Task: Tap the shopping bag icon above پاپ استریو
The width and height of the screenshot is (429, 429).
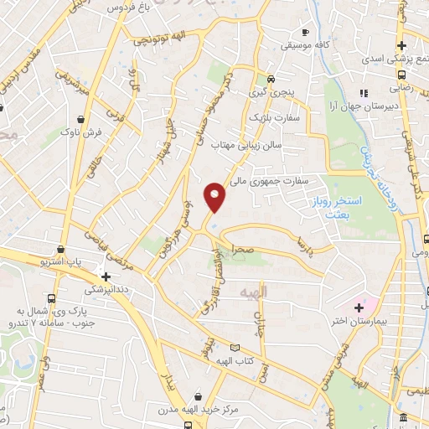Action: click(60, 250)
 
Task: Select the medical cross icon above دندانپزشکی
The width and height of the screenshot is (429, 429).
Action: click(106, 276)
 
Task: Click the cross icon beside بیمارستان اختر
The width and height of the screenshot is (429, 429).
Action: click(359, 308)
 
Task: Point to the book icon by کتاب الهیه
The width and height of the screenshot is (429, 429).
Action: click(235, 347)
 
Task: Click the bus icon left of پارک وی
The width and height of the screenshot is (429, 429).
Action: click(53, 298)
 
